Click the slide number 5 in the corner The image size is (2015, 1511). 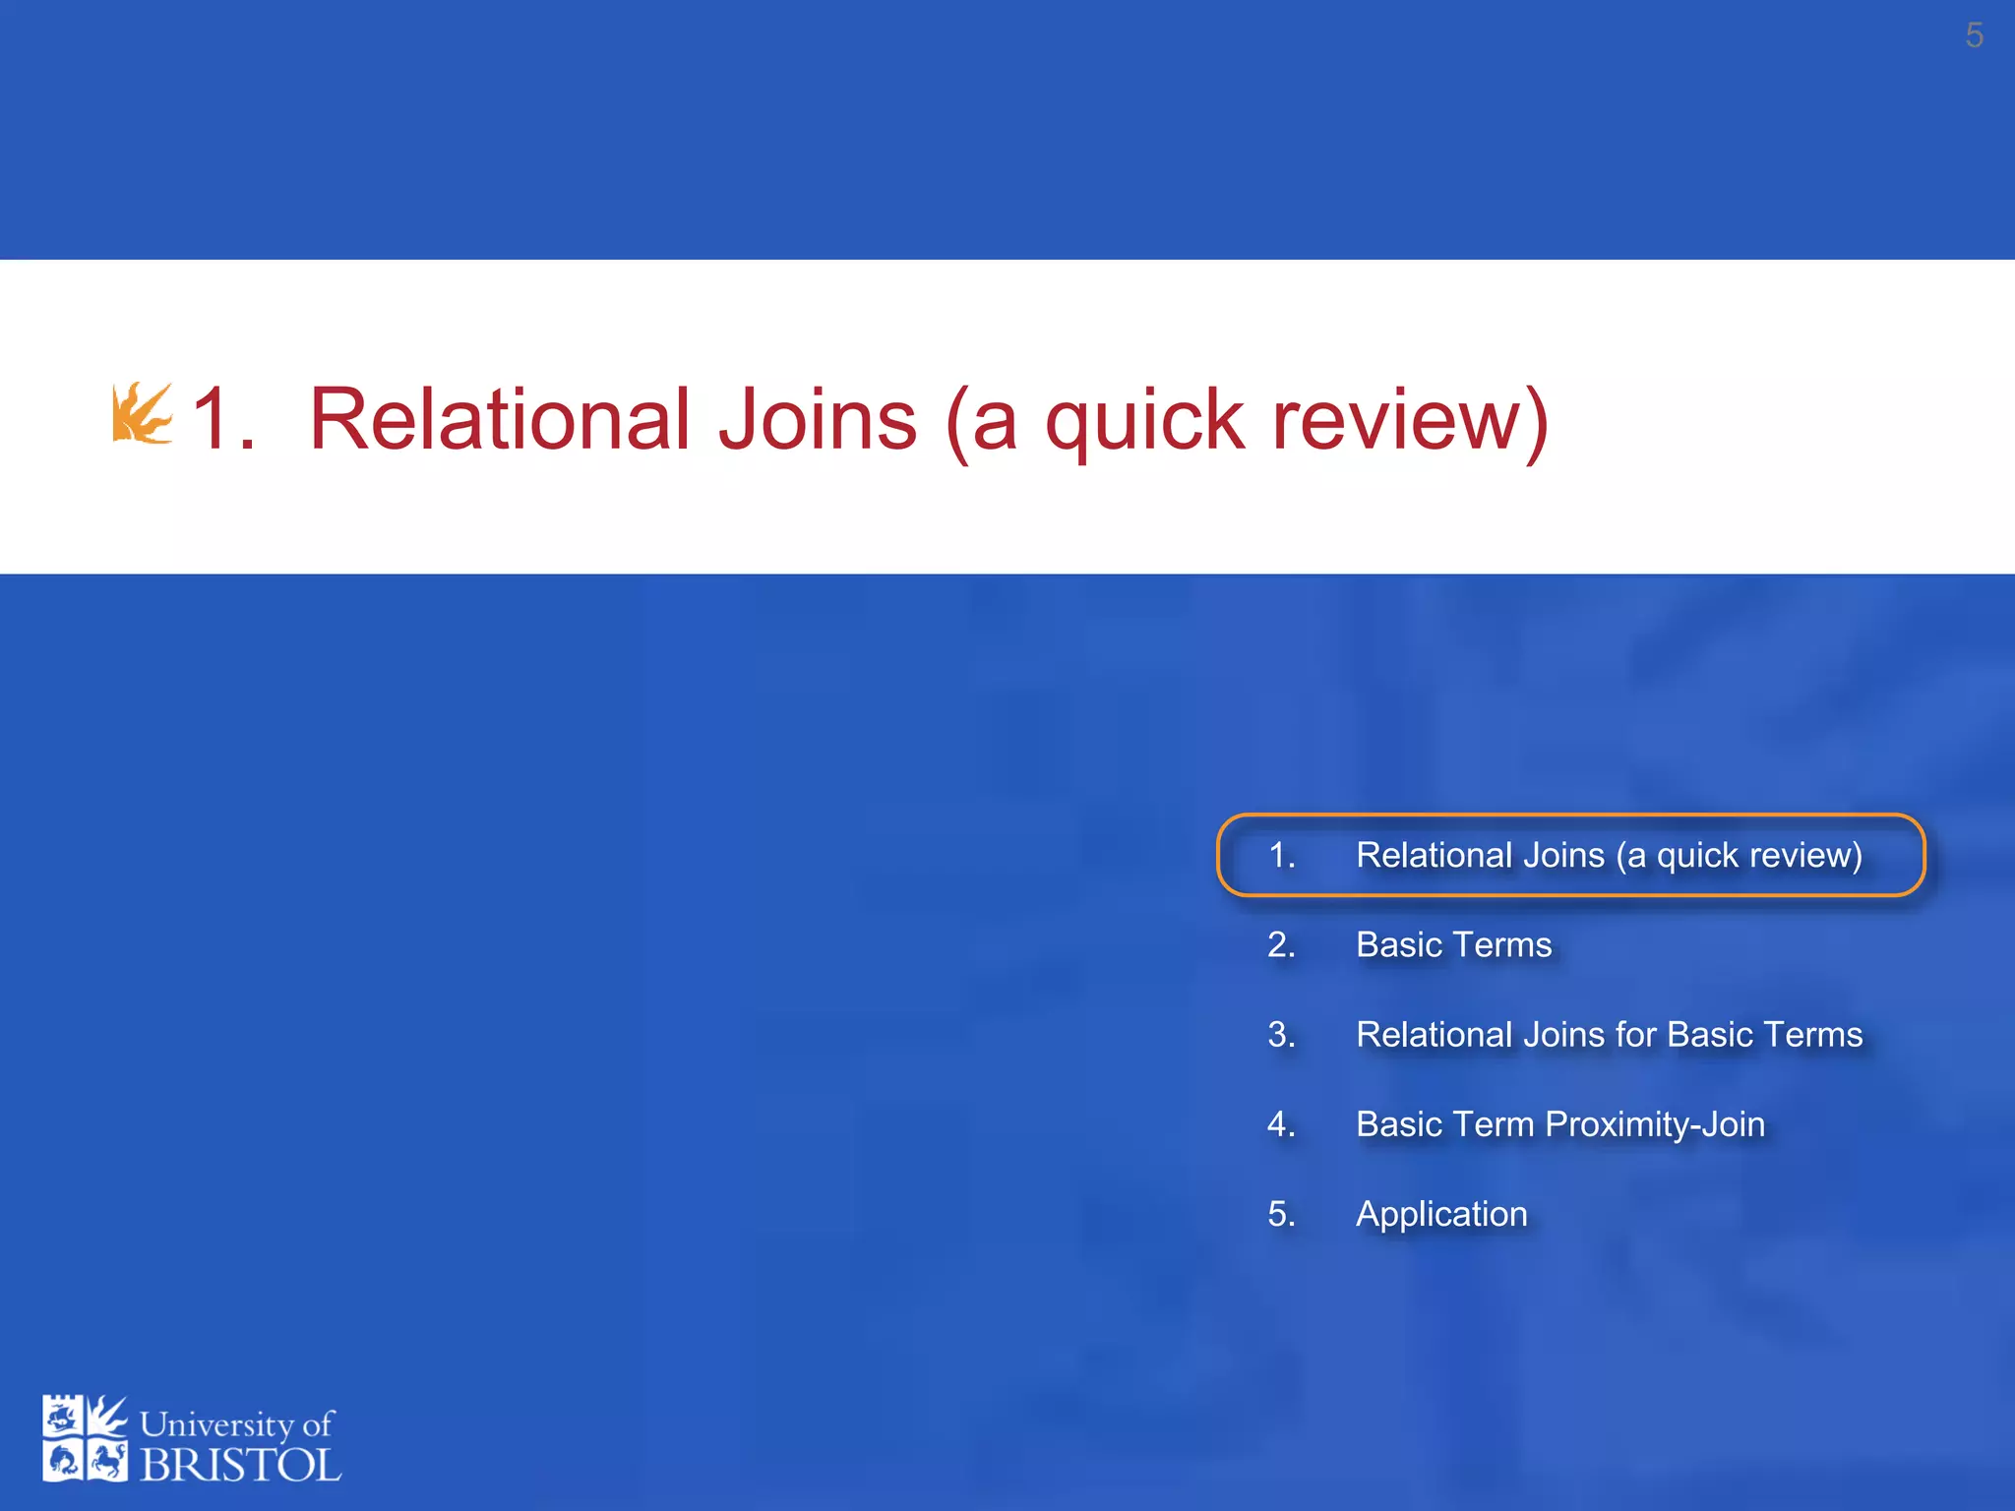pos(1974,36)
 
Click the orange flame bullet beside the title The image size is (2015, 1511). pos(142,413)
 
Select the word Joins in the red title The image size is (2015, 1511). pos(818,420)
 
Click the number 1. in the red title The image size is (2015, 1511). pos(224,420)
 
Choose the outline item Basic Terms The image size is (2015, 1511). pos(1453,945)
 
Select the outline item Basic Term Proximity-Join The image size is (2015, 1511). pos(1559,1124)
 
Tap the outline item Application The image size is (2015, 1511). pos(1441,1215)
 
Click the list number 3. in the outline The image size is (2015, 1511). pos(1281,1035)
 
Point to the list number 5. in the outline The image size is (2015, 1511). pos(1281,1214)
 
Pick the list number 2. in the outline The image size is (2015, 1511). pos(1281,945)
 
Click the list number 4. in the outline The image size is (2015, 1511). pos(1281,1124)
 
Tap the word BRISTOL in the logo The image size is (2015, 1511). pos(240,1466)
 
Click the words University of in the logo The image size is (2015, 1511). pos(236,1424)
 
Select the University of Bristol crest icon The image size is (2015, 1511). pos(85,1438)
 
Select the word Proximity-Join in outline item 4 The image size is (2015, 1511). pos(1655,1124)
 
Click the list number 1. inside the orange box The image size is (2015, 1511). pos(1281,856)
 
